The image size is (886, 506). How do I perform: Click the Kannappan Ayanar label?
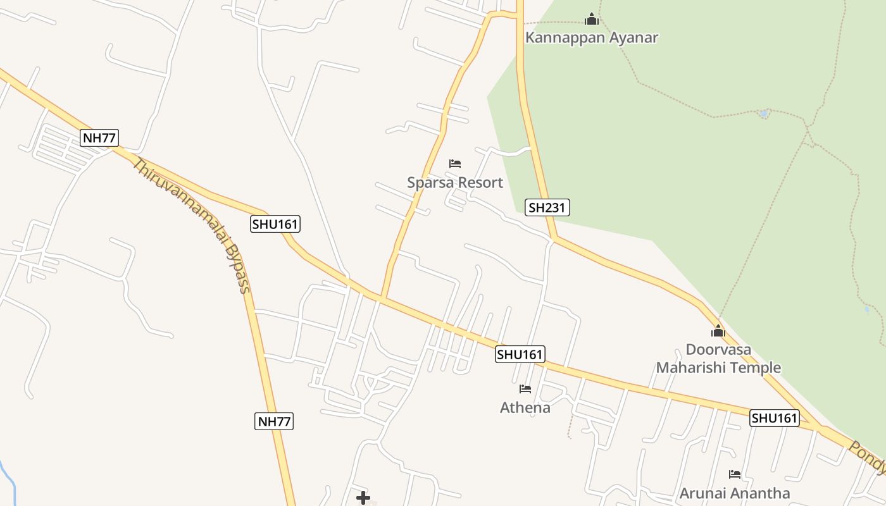(592, 38)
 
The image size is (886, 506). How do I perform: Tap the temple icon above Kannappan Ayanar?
(592, 19)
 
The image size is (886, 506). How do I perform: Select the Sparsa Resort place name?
(455, 183)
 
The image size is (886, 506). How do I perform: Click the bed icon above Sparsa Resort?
(455, 164)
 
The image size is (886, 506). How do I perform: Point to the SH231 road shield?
(547, 207)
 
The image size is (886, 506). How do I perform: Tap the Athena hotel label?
(525, 407)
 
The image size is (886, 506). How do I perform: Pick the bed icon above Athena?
(525, 388)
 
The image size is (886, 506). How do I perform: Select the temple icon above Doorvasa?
(718, 330)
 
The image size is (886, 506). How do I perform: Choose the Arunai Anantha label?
(735, 493)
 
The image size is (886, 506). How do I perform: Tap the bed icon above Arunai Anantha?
(735, 474)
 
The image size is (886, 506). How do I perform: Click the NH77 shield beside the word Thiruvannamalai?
(99, 138)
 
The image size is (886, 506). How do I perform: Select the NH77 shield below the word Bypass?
(275, 421)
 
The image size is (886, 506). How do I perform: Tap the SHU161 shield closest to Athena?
(520, 354)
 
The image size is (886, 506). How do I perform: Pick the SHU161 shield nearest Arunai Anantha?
(775, 418)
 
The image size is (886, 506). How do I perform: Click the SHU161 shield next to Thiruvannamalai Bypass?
(275, 224)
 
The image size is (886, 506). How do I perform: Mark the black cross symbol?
(363, 498)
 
